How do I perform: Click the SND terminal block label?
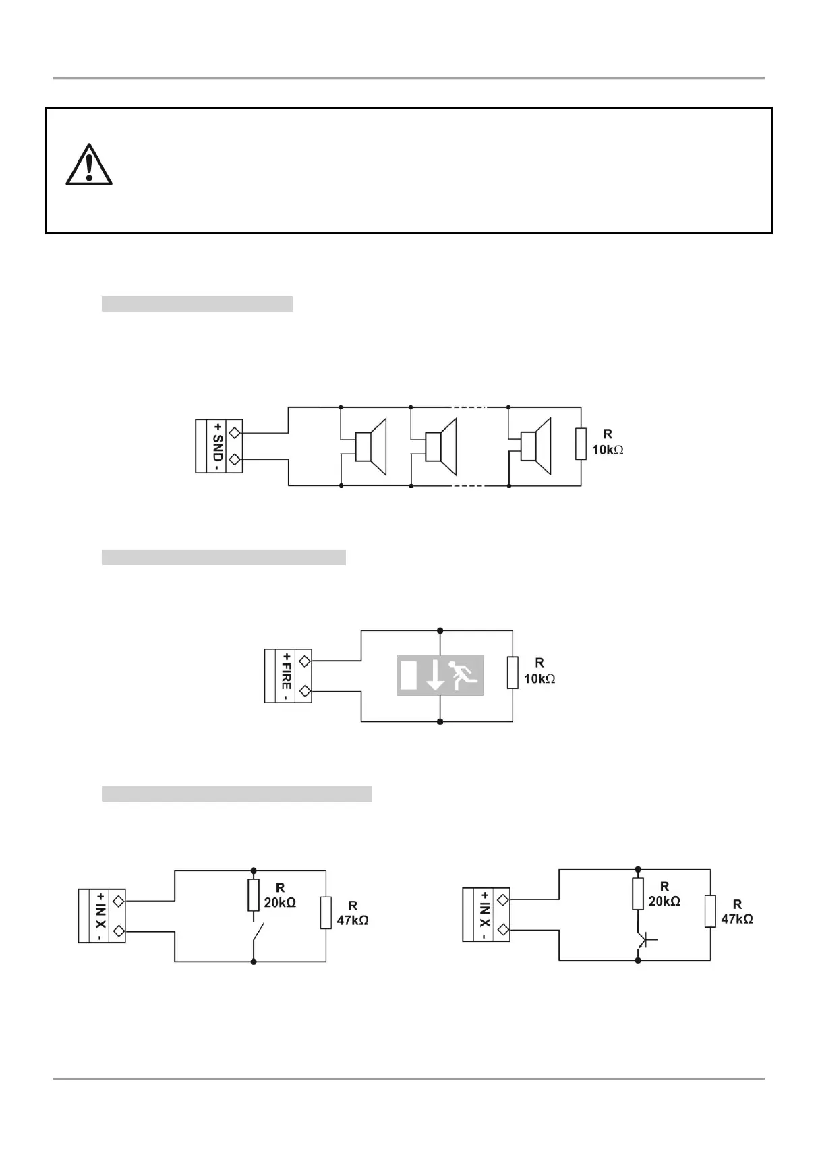(x=217, y=446)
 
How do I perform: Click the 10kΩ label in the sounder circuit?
(x=608, y=450)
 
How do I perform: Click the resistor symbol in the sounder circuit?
(x=581, y=444)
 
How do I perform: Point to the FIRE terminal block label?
(x=287, y=676)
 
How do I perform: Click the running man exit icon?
(x=464, y=675)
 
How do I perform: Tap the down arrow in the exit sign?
(x=436, y=676)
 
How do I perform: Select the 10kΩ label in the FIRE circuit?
(x=539, y=679)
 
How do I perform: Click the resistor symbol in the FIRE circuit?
(x=513, y=673)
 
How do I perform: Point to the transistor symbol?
(x=643, y=938)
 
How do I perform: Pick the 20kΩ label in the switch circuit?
(x=280, y=903)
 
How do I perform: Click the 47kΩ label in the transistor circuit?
(x=737, y=919)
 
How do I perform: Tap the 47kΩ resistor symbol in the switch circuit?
(x=326, y=913)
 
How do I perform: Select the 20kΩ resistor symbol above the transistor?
(x=638, y=893)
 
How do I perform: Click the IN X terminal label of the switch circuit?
(x=100, y=916)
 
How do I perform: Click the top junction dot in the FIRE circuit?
(x=440, y=630)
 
